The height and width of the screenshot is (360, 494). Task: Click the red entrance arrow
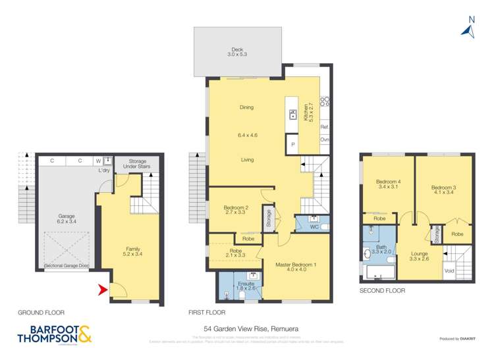point(102,288)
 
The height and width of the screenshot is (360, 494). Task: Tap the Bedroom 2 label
point(234,211)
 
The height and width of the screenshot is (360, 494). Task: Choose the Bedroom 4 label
point(387,185)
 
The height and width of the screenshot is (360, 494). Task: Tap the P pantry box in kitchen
point(292,144)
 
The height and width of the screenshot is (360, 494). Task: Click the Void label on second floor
point(449,270)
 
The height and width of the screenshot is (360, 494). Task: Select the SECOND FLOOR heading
point(382,290)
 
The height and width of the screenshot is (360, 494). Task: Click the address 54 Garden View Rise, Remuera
point(246,326)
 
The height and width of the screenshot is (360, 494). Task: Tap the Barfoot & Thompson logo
point(51,336)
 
